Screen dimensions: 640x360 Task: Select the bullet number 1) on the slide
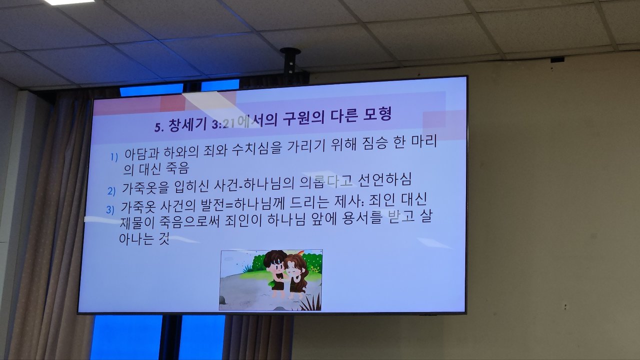[x=114, y=157]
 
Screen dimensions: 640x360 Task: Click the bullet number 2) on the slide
[x=111, y=191]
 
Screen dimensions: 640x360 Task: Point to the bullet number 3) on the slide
[x=110, y=210]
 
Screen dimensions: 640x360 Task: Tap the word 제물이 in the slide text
[x=137, y=223]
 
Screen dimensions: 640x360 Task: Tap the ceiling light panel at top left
[x=69, y=2]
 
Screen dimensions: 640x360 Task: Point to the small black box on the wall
[x=557, y=59]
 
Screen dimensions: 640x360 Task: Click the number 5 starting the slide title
[x=157, y=127]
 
